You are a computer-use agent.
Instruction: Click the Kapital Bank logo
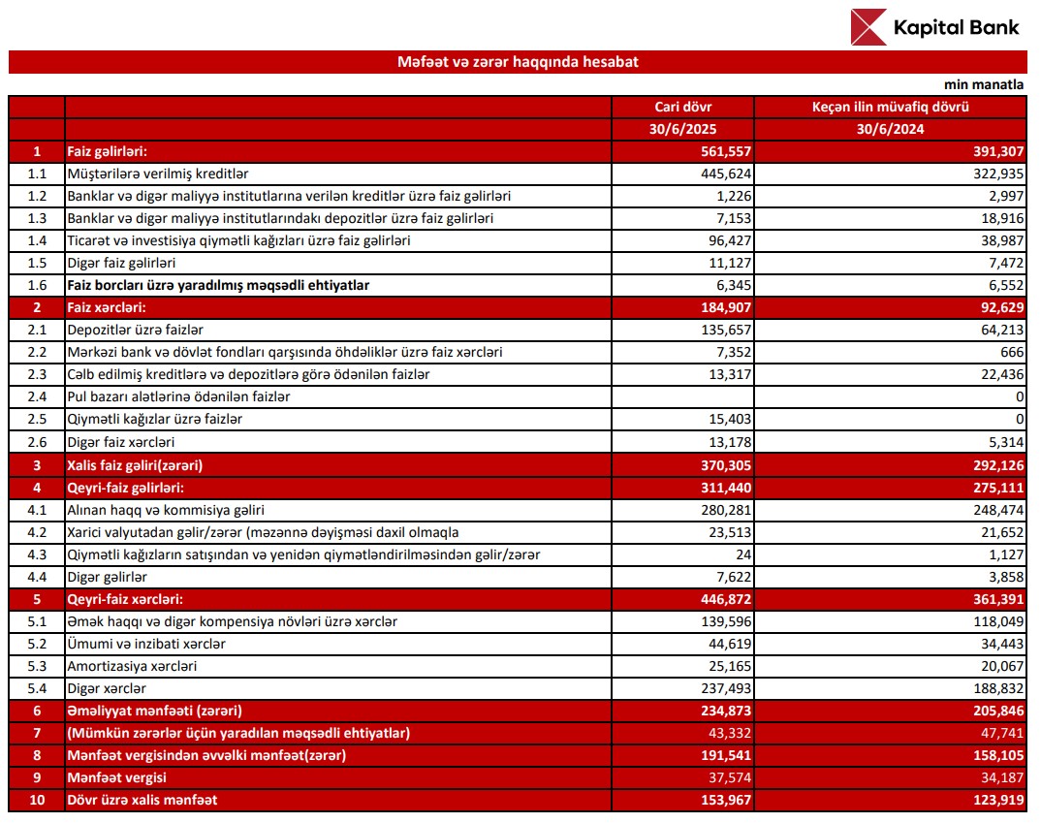click(x=934, y=27)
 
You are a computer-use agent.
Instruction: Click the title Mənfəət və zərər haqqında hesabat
click(x=518, y=62)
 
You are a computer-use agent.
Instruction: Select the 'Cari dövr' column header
click(x=682, y=107)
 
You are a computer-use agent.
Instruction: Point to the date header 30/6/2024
click(x=890, y=129)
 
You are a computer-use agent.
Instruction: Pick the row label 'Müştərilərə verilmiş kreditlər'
click(x=158, y=174)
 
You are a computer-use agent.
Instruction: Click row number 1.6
click(x=37, y=285)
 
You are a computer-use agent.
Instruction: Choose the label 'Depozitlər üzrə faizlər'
click(x=135, y=330)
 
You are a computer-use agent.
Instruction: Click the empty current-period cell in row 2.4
click(x=682, y=396)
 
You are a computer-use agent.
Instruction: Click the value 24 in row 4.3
click(x=742, y=554)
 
